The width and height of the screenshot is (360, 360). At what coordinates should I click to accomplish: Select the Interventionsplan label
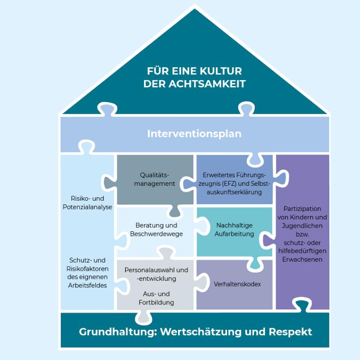click(194, 133)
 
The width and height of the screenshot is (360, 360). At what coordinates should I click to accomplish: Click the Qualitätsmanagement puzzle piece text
click(154, 180)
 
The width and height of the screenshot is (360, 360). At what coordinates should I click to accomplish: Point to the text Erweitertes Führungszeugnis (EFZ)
click(234, 179)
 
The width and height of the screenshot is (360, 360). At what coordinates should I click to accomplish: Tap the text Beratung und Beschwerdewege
click(156, 229)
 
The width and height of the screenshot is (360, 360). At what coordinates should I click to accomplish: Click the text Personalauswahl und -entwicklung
click(156, 274)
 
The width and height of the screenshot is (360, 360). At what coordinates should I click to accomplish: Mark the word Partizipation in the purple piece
click(302, 208)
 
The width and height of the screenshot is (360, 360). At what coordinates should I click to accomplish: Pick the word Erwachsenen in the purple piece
click(302, 259)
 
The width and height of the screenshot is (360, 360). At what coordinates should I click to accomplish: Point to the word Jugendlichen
click(302, 225)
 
